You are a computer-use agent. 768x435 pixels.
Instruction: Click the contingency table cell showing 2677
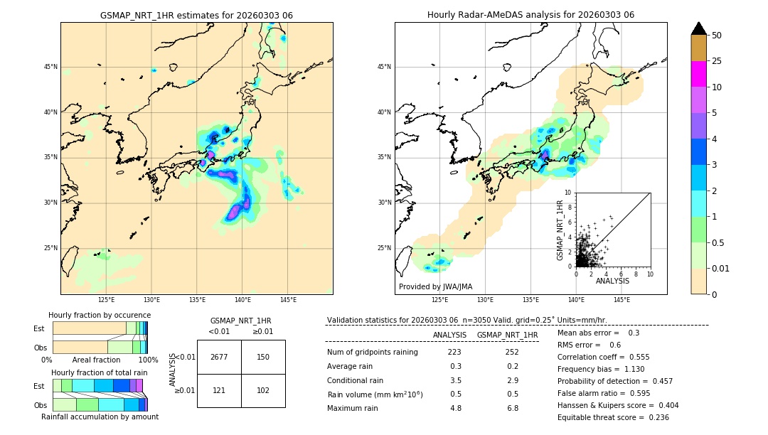tap(219, 357)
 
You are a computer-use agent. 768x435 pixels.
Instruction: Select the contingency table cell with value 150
tap(263, 357)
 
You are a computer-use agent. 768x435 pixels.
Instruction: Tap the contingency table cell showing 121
tap(219, 390)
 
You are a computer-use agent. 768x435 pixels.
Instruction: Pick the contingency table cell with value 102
tap(263, 390)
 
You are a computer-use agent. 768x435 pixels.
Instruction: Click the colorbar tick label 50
tap(717, 36)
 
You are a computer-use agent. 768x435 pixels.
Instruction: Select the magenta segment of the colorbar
tap(699, 74)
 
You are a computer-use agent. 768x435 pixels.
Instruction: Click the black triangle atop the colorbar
tap(699, 28)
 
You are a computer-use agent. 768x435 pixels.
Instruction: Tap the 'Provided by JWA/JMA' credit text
tap(435, 286)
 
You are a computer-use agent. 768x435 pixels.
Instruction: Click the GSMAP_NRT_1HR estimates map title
tap(196, 15)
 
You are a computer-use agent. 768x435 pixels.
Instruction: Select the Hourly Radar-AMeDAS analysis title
tap(530, 15)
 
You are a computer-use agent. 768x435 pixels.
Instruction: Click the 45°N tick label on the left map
tap(50, 67)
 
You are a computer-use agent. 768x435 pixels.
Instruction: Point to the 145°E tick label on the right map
tap(622, 300)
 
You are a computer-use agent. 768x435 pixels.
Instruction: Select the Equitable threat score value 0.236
tap(654, 417)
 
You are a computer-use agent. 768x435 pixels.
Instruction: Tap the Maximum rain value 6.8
tap(511, 408)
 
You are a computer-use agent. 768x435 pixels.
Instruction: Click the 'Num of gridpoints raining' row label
tap(373, 352)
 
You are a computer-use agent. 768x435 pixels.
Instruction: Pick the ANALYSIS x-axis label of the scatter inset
tap(612, 281)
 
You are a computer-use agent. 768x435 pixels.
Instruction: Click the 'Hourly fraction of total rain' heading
tap(100, 372)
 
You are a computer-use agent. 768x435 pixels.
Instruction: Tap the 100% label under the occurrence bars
tap(148, 360)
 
